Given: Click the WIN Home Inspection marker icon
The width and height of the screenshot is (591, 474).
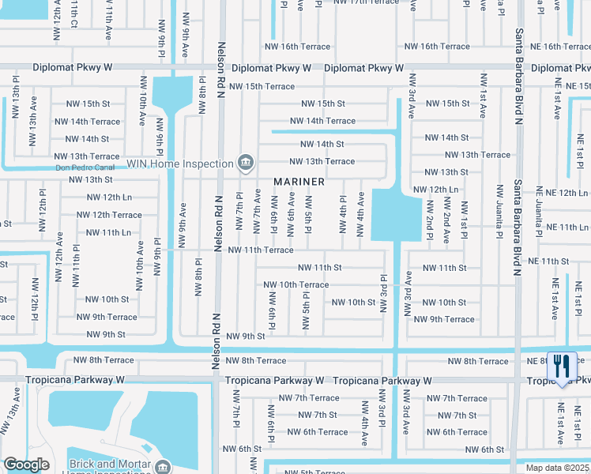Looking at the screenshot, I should coord(245,164).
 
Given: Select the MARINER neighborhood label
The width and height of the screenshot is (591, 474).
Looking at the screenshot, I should coord(299,182).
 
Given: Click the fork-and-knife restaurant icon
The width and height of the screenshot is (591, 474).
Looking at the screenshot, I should coord(562,366).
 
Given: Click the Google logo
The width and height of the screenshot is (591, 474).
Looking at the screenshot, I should coord(26,465).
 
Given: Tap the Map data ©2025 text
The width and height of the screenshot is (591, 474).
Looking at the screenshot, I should coord(556,468).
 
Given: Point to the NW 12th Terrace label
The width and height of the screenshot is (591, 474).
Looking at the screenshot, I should coord(109,215).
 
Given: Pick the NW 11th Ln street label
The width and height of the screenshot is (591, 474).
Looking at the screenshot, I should coord(108,232).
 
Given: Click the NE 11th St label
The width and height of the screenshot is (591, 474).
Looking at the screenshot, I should coord(548,261).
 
